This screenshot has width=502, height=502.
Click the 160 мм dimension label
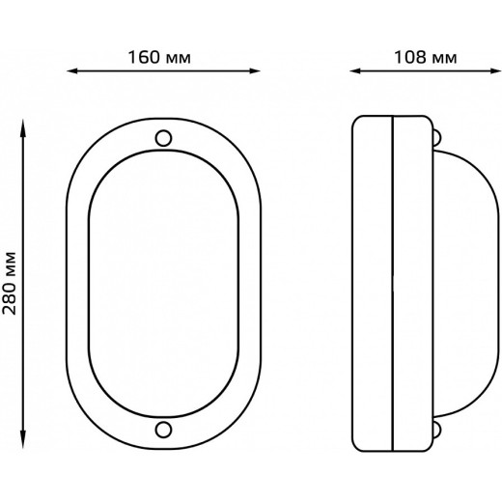(159, 58)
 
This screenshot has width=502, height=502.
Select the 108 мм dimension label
(426, 58)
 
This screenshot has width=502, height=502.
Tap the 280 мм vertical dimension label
(9, 283)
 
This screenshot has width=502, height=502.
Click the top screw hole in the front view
(163, 138)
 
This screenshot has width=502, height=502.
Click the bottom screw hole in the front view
(163, 430)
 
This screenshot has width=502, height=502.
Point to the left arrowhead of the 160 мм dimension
(72, 71)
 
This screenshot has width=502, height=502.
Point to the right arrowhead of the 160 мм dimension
(255, 71)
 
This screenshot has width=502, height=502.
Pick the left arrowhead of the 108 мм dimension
(355, 71)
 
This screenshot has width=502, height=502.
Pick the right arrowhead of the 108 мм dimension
(495, 71)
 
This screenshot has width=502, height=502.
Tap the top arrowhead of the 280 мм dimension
(23, 125)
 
